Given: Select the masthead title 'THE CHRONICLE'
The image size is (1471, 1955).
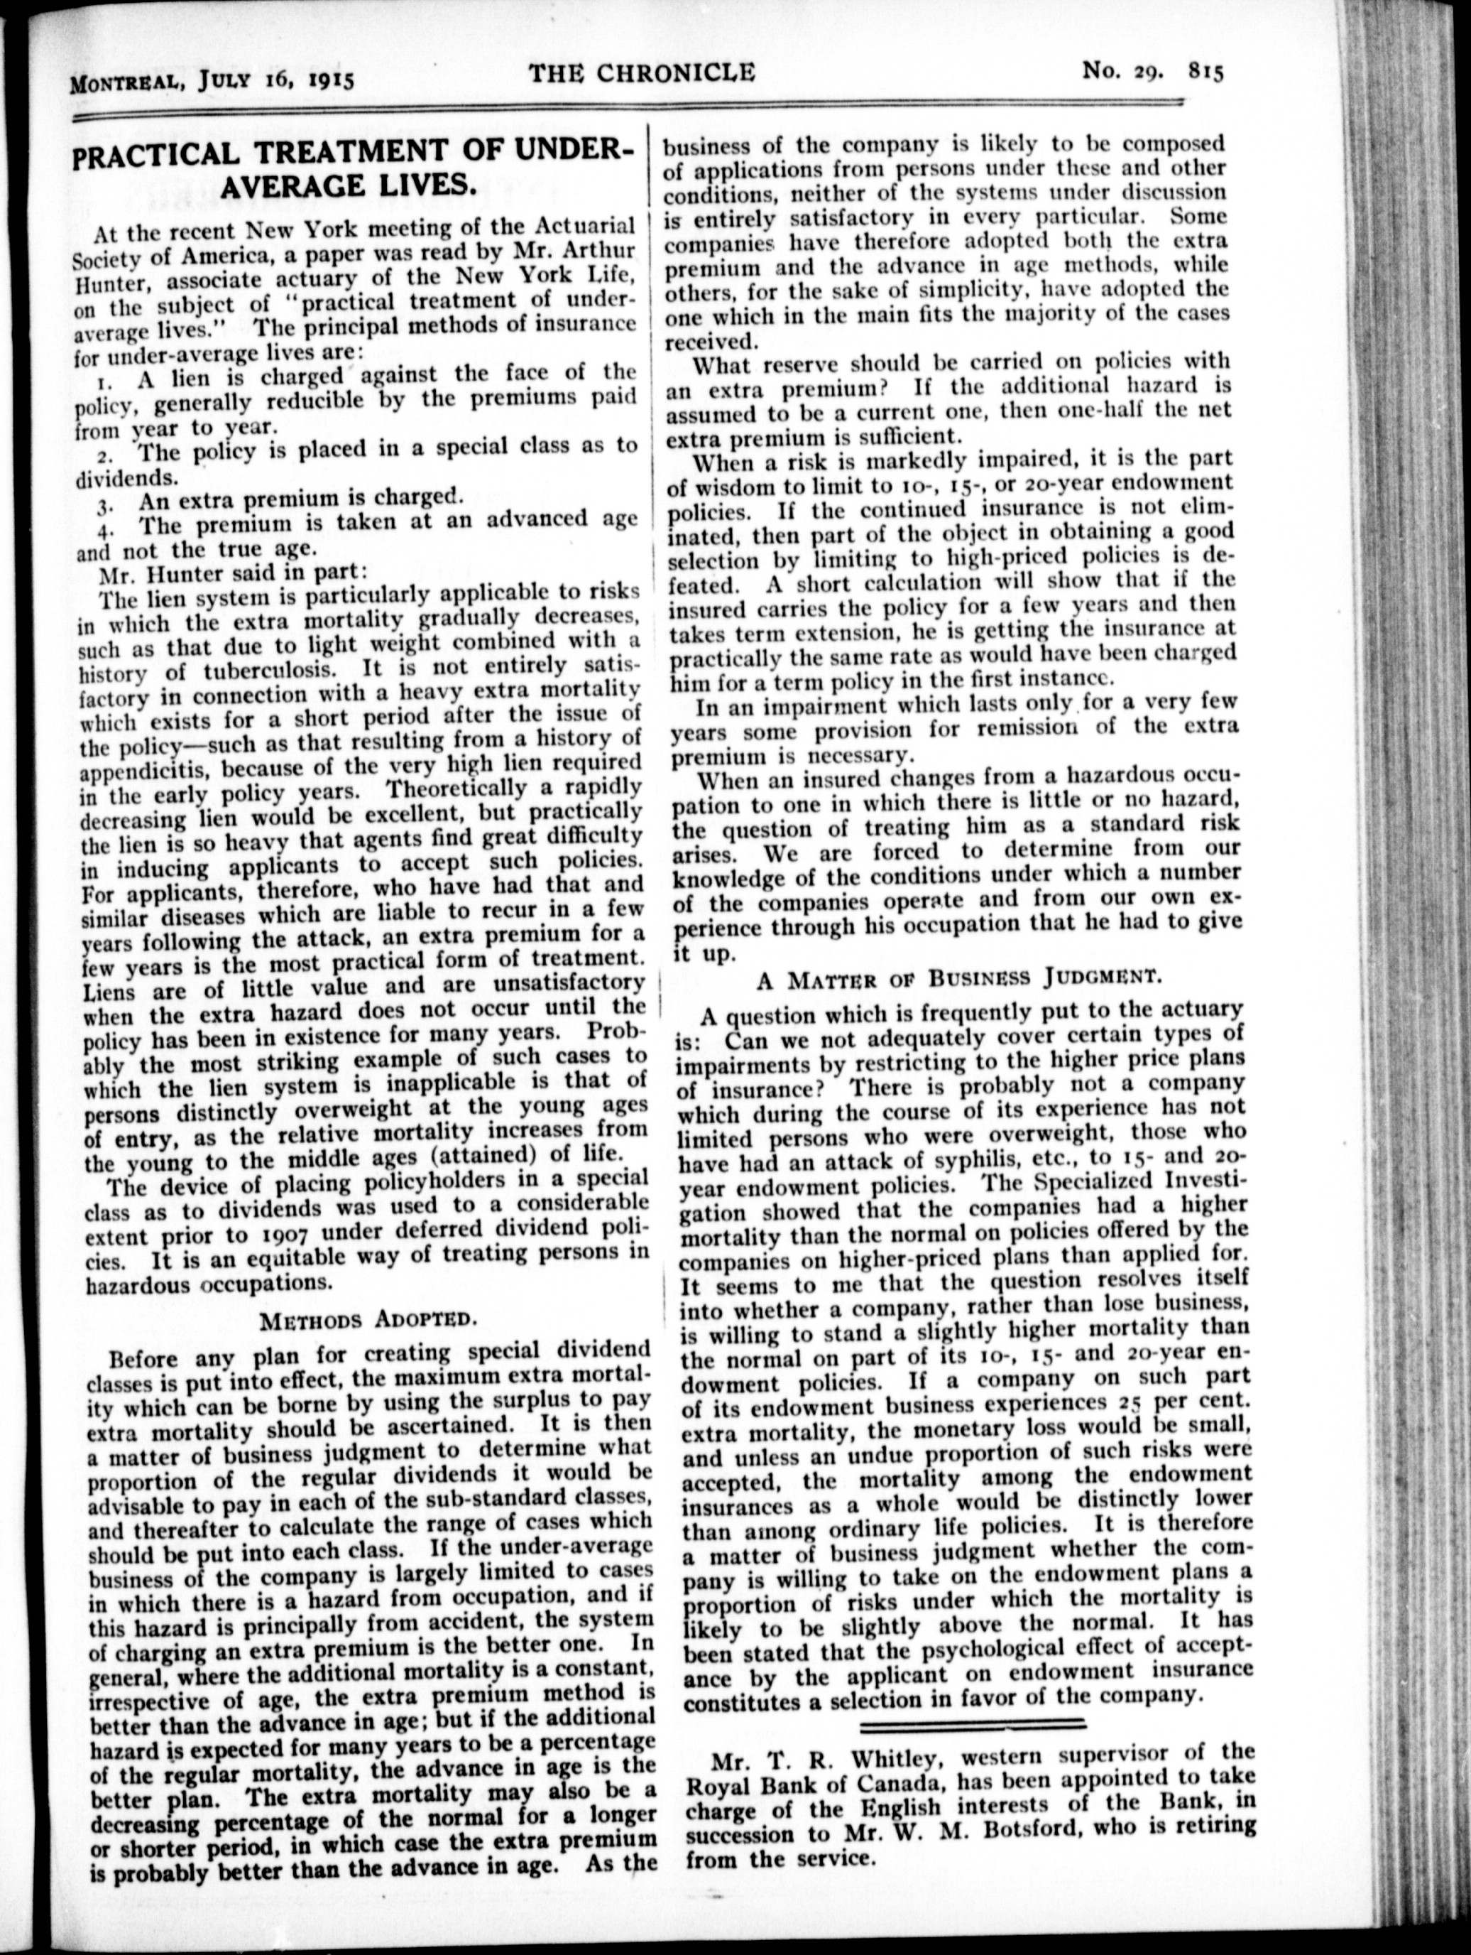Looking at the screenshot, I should click(x=642, y=72).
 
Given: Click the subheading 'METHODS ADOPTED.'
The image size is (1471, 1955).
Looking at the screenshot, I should click(x=368, y=1322).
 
